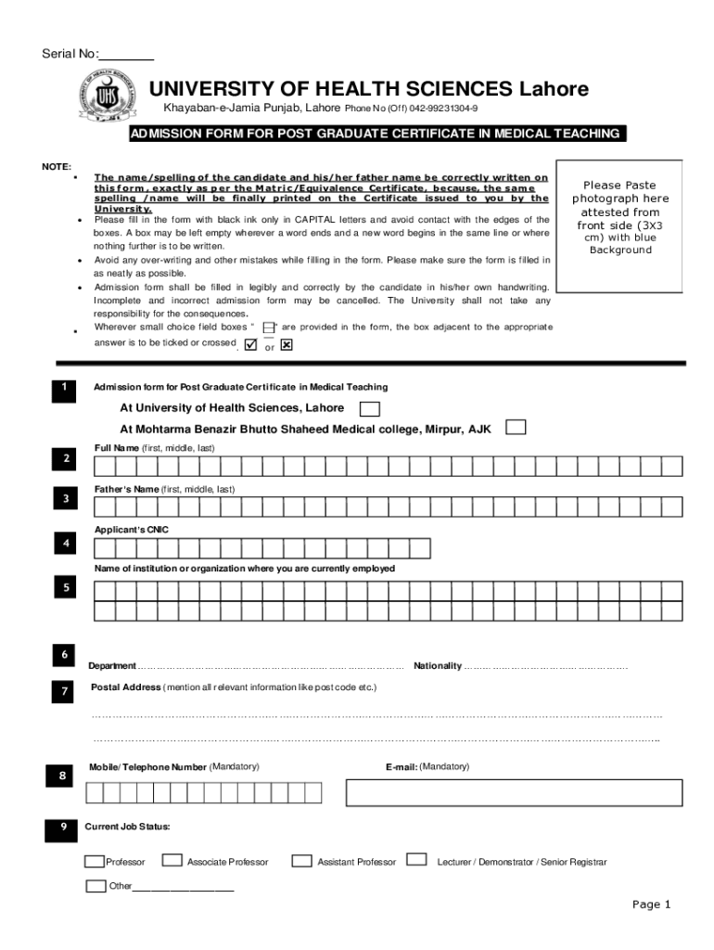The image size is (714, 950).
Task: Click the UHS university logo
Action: coord(110,101)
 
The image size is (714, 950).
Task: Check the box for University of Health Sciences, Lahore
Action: coord(369,409)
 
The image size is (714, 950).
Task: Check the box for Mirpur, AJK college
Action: coord(516,428)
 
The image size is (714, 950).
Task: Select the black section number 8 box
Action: coord(62,776)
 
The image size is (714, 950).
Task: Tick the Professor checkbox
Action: coord(95,860)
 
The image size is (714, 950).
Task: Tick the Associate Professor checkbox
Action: coord(172,860)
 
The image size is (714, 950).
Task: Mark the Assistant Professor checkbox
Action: coord(301,860)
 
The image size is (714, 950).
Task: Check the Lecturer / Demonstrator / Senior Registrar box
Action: coord(417,859)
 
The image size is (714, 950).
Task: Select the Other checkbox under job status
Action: coord(96,885)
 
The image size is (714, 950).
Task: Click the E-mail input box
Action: coord(514,792)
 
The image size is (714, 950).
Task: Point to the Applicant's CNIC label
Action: coord(132,530)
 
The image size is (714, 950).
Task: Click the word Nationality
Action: coord(437,666)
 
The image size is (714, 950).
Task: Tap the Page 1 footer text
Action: coord(651,905)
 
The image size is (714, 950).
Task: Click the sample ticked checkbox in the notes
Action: coord(250,345)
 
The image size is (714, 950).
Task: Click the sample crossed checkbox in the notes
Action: coord(286,345)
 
